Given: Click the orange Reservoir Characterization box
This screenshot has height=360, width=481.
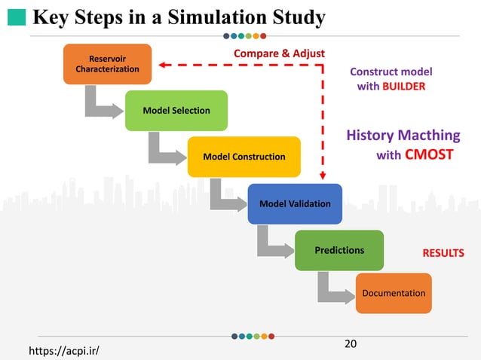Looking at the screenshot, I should click(107, 64).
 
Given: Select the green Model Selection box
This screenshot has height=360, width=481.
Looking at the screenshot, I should click(176, 111).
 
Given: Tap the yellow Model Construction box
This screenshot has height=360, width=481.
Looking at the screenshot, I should click(244, 157).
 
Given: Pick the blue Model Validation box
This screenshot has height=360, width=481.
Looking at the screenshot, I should click(295, 203).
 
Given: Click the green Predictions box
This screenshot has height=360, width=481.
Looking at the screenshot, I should click(339, 250).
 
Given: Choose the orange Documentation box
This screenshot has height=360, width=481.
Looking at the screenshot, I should click(394, 293).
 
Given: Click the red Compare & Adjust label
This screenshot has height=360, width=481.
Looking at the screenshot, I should click(279, 53).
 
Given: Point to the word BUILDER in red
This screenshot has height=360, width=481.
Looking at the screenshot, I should click(403, 87).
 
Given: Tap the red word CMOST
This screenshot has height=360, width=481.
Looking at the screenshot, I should click(429, 155).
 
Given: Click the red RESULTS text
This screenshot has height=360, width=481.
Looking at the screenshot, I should click(443, 253).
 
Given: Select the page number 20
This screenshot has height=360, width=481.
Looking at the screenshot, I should click(350, 344).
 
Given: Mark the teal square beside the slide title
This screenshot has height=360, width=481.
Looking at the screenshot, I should click(19, 17).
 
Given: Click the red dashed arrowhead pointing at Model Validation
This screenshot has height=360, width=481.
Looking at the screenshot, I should click(323, 175).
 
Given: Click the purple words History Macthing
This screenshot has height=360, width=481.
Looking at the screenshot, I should click(403, 136).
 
